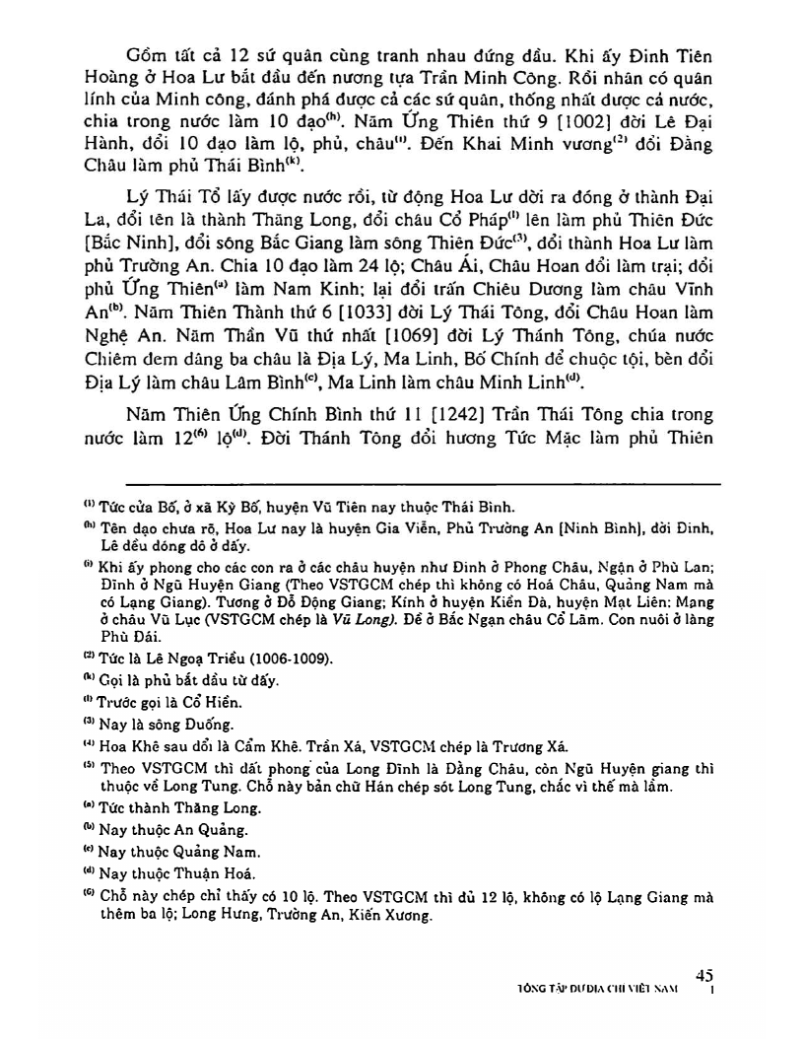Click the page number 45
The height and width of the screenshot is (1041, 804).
pyautogui.click(x=703, y=974)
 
